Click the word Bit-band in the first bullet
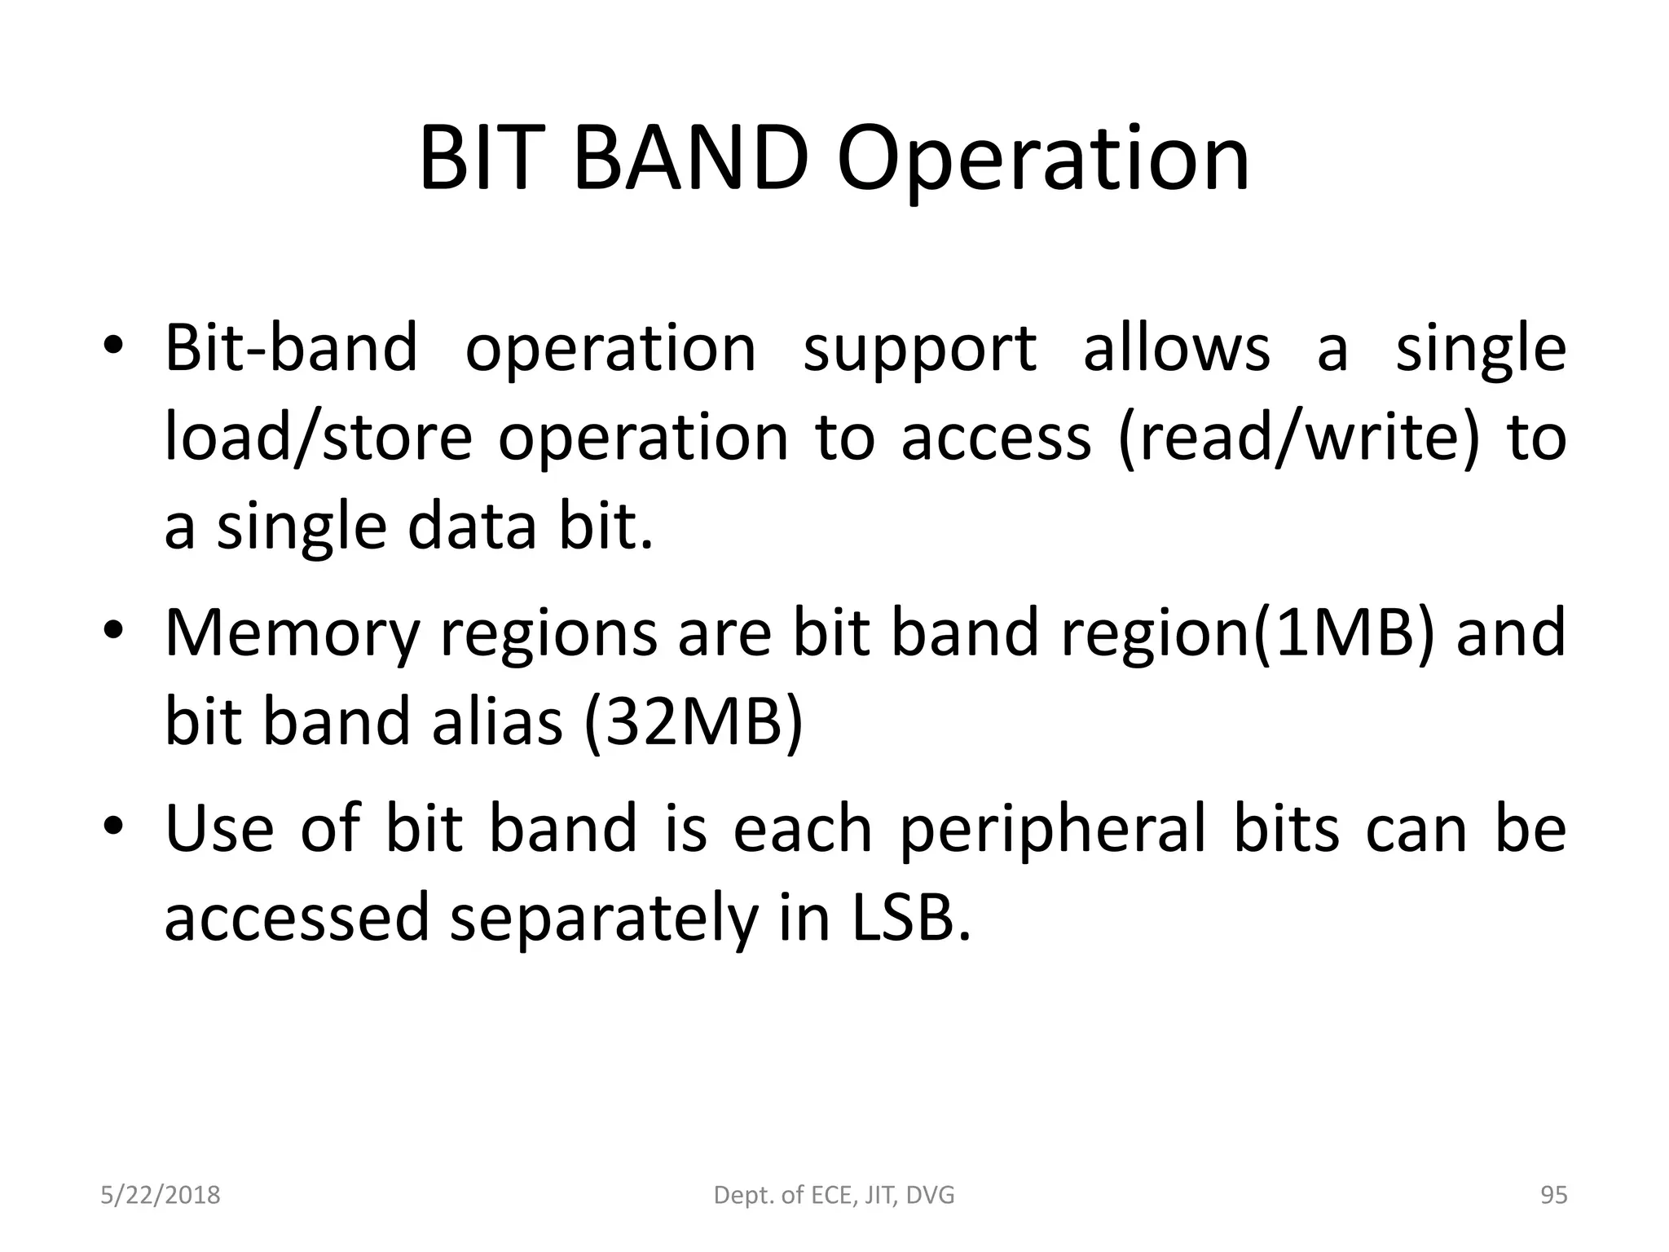pyautogui.click(x=291, y=347)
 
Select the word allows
pyautogui.click(x=1176, y=347)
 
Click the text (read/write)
pyautogui.click(x=1297, y=438)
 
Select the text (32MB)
pyautogui.click(x=694, y=722)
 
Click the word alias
pyautogui.click(x=497, y=722)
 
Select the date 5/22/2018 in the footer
pyautogui.click(x=161, y=1196)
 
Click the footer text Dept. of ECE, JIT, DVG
pyautogui.click(x=834, y=1196)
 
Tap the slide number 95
pyautogui.click(x=1553, y=1196)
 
